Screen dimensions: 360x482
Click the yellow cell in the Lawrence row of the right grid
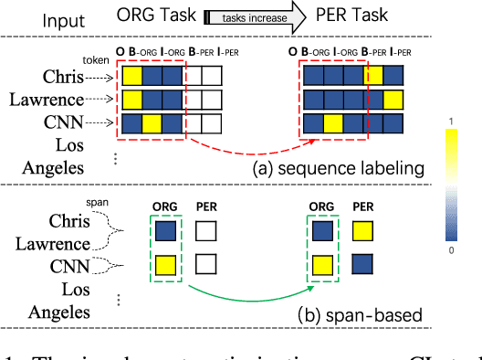393,98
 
